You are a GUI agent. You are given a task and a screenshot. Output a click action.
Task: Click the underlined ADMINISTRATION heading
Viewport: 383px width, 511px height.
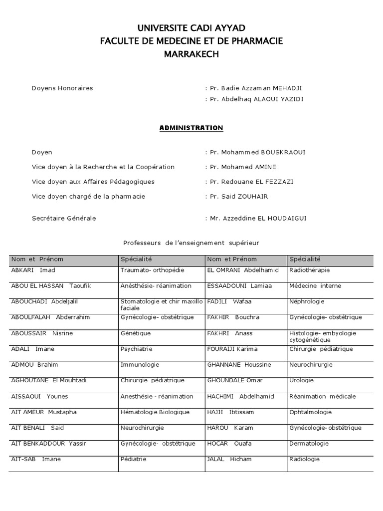tap(191, 128)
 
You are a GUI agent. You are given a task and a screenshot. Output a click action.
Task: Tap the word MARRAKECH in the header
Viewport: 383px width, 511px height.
tap(191, 54)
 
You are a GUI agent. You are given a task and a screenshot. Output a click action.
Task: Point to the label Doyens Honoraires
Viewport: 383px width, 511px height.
tap(62, 88)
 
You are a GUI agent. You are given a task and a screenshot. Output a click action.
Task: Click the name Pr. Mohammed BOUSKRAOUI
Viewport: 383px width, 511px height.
tap(257, 153)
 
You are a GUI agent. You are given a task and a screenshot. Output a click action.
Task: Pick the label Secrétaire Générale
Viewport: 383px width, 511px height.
tap(64, 218)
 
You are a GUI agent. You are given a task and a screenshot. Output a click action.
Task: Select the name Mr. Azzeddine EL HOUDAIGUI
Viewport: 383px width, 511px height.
tap(260, 218)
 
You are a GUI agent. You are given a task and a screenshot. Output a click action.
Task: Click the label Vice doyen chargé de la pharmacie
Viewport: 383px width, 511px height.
tap(88, 196)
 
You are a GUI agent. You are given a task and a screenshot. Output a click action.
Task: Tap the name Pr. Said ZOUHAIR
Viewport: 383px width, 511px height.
tap(238, 196)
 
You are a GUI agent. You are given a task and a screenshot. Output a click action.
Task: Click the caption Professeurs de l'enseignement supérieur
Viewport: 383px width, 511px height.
tap(191, 243)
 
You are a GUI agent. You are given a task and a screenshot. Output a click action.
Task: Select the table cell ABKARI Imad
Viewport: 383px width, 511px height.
tap(33, 270)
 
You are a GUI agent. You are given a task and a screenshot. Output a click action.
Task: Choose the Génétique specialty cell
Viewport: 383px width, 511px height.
tap(136, 333)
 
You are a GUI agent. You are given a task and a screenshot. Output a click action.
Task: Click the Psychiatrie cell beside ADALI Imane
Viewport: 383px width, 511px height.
tap(137, 349)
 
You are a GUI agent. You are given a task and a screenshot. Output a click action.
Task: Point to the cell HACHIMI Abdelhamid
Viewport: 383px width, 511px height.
tap(234, 396)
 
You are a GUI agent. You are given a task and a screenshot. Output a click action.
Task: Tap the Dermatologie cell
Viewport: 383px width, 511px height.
tap(309, 443)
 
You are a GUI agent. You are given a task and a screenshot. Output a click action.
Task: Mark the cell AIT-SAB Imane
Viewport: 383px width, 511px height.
tap(36, 459)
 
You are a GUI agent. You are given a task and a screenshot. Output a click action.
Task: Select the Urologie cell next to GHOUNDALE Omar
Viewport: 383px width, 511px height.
tap(302, 380)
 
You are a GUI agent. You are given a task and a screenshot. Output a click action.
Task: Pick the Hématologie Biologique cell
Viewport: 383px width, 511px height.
tap(155, 412)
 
